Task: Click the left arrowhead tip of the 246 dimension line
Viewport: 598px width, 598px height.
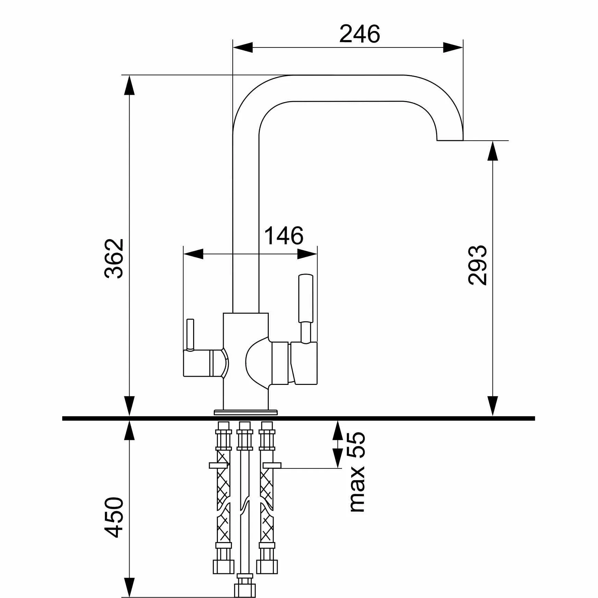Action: pyautogui.click(x=233, y=47)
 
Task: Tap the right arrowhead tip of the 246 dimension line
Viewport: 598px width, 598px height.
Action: pyautogui.click(x=463, y=47)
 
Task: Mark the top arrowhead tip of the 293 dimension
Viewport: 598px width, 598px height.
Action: pyautogui.click(x=492, y=141)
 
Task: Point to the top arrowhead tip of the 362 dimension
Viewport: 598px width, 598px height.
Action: pyautogui.click(x=129, y=75)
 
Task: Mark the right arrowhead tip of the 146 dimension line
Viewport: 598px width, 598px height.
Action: pyautogui.click(x=317, y=254)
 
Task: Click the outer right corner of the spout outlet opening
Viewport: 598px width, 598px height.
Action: pyautogui.click(x=463, y=140)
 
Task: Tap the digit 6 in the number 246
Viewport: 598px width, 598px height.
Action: pyautogui.click(x=373, y=34)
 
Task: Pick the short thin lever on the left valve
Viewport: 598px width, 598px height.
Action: pyautogui.click(x=190, y=334)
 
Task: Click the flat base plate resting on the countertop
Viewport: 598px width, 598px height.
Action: pyautogui.click(x=245, y=412)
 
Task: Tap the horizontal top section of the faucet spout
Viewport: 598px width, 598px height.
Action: pyautogui.click(x=347, y=88)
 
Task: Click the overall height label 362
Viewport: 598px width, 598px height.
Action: pyautogui.click(x=114, y=258)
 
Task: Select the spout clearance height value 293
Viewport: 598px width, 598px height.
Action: pyautogui.click(x=477, y=265)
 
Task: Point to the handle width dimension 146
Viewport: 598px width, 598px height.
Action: pyautogui.click(x=284, y=236)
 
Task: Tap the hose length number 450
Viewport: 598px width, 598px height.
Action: pyautogui.click(x=114, y=517)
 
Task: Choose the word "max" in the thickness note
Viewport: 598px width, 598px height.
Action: pyautogui.click(x=357, y=489)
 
